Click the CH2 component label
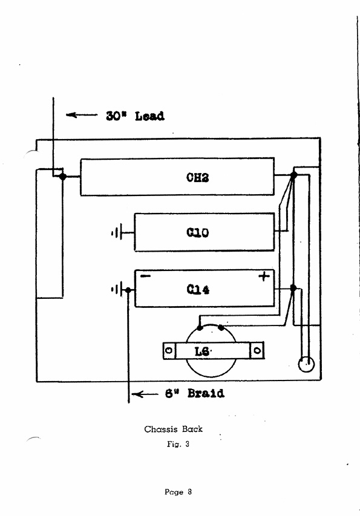tap(197, 178)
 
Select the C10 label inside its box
tap(197, 233)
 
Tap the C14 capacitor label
tap(198, 290)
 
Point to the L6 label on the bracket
tap(201, 351)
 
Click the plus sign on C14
tap(264, 276)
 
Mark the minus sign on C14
tap(145, 276)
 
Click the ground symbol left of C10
tap(117, 233)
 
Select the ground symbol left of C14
tap(117, 290)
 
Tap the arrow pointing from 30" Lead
tap(82, 115)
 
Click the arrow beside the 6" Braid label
tap(145, 394)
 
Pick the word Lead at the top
tap(149, 116)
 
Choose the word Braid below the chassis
tap(206, 393)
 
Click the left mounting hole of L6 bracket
tap(169, 350)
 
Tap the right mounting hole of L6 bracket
tap(257, 350)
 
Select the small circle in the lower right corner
tap(306, 364)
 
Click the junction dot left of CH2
tap(62, 177)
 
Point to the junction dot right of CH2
tap(294, 175)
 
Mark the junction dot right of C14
tap(293, 289)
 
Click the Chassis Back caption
tap(174, 429)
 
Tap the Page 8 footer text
tap(178, 492)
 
